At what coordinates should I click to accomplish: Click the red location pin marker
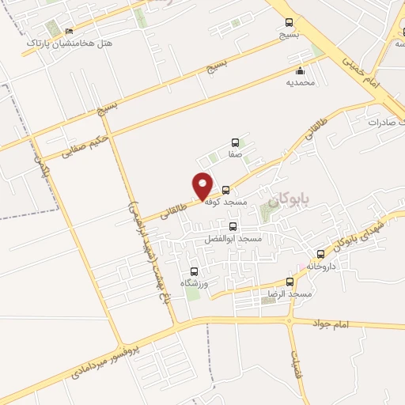pyautogui.click(x=203, y=186)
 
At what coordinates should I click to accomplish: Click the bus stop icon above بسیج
pyautogui.click(x=289, y=23)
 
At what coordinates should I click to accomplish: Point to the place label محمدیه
pyautogui.click(x=301, y=81)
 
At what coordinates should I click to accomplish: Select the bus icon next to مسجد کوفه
pyautogui.click(x=226, y=190)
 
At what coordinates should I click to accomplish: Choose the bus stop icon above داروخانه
pyautogui.click(x=320, y=254)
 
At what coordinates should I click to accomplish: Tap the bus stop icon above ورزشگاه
pyautogui.click(x=194, y=270)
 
